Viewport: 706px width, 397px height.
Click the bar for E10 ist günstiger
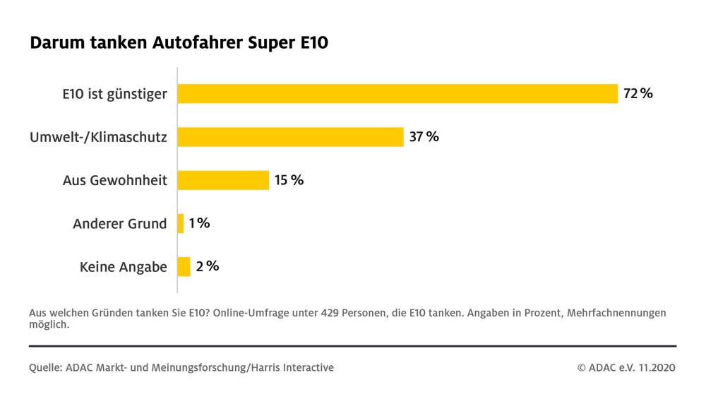[x=397, y=94]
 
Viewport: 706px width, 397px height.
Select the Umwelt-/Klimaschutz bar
[x=290, y=137]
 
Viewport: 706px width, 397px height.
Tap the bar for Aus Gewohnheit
[x=223, y=180]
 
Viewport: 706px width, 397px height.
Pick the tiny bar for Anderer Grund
[x=181, y=224]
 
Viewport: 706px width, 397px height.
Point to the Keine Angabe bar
[x=184, y=267]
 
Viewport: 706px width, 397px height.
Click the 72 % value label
[x=638, y=93]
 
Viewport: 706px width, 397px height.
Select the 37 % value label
[x=424, y=137]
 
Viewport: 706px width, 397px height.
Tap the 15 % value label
[x=289, y=180]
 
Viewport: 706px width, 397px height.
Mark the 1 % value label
[x=199, y=223]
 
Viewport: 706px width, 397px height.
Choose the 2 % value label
[x=208, y=266]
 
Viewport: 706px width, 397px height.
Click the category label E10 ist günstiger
[x=114, y=94]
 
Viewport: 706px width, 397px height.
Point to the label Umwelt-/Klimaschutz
[x=99, y=137]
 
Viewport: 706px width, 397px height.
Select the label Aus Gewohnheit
[x=114, y=180]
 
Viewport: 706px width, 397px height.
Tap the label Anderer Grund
[x=120, y=224]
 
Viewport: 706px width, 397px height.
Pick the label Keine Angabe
[x=123, y=267]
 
